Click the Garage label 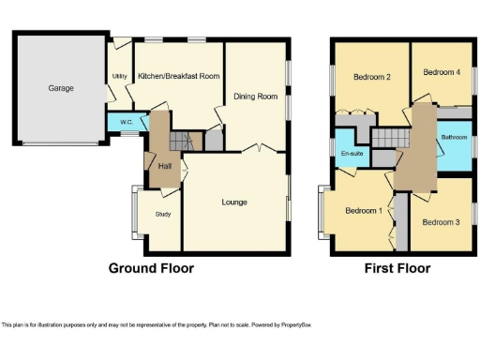61,88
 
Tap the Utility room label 120,77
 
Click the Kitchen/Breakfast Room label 179,77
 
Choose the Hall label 164,166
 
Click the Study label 162,214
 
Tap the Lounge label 234,202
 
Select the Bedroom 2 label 371,77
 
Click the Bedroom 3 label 439,222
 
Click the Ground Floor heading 152,268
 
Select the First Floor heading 397,268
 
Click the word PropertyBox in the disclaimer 292,325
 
